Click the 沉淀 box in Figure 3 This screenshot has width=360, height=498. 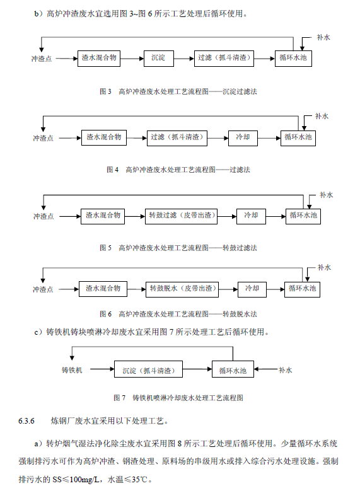[x=158, y=58]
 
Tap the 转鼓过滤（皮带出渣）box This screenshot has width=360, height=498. [x=181, y=216]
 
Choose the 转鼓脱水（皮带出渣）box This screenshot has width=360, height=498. [x=182, y=289]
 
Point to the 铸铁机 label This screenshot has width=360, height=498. [x=72, y=369]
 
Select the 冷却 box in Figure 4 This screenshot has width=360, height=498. [x=243, y=137]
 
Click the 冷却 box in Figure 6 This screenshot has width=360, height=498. [x=252, y=289]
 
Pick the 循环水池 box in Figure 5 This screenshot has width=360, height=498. [x=303, y=216]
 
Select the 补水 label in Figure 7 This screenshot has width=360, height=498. [x=285, y=370]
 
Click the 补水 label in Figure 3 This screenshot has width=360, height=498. [x=323, y=38]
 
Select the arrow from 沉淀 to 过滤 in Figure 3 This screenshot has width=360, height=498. [x=183, y=58]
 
